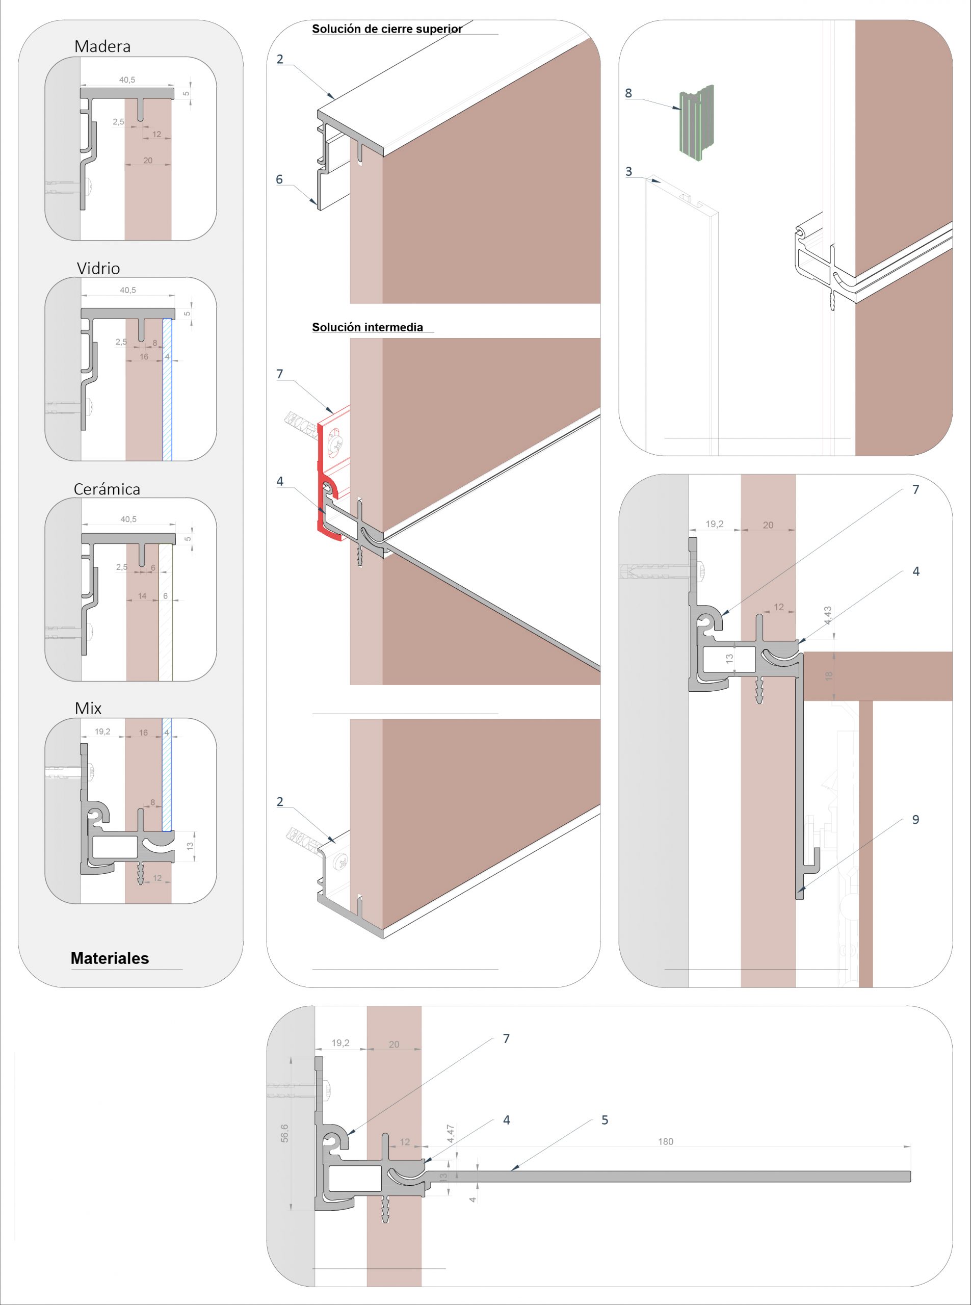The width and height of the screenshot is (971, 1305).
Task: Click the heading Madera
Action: pos(102,46)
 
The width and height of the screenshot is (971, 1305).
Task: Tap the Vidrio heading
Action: pos(98,269)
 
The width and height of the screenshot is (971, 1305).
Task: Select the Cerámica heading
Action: pos(107,489)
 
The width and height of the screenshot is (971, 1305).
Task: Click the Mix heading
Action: pos(88,709)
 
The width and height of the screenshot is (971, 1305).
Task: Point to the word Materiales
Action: pos(110,958)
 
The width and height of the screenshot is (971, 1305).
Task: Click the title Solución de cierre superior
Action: pos(387,29)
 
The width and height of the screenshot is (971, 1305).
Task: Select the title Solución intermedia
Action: pos(368,327)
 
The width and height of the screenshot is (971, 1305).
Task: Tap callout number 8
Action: pos(628,93)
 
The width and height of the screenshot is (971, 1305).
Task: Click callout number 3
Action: pos(628,172)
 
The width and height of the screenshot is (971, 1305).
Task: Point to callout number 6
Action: pos(279,179)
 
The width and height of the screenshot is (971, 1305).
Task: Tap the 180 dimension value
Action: pos(665,1141)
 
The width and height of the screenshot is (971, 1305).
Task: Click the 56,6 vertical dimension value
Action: pos(284,1133)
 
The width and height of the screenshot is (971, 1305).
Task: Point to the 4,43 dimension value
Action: pos(828,615)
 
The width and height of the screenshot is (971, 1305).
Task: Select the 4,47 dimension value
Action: pos(450,1133)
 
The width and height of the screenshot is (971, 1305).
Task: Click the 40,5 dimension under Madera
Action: pos(127,80)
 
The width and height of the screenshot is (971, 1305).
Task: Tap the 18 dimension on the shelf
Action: pos(829,676)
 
